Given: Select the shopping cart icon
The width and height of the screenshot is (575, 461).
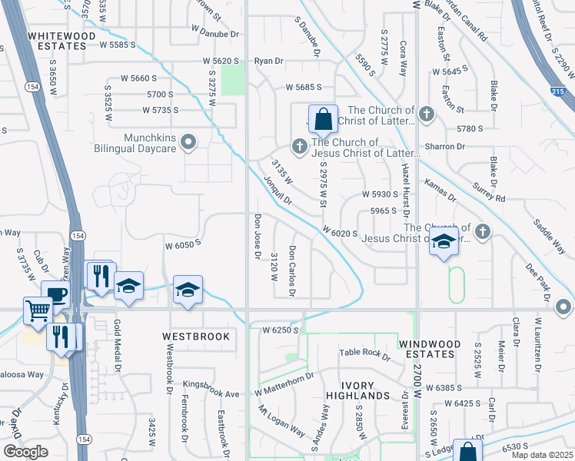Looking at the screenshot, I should tap(38, 310).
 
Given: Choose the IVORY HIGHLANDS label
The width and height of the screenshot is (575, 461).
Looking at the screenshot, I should tap(356, 395).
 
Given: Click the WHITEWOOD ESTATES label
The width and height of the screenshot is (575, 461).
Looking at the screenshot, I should tap(57, 41).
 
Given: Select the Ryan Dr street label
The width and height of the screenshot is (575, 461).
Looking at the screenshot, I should tap(269, 61).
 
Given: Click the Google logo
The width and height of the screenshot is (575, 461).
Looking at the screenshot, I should tap(25, 452).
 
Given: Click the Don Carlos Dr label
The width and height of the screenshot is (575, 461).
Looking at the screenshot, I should tap(292, 270).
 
